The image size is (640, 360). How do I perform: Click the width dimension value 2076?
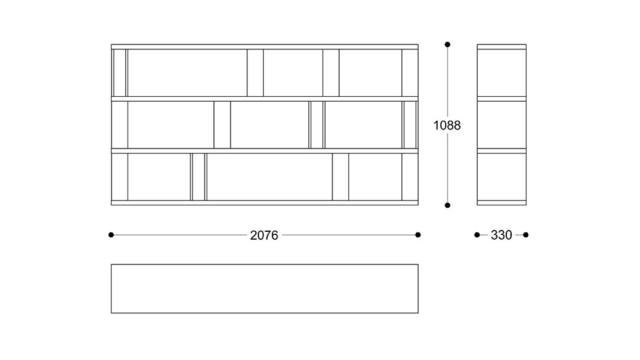point(264,235)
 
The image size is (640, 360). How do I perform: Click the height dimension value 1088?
point(447,125)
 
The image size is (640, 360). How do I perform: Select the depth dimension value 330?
point(501,235)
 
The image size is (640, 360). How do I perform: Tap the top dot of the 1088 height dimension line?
point(448,44)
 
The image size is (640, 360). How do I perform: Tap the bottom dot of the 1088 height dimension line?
point(448,205)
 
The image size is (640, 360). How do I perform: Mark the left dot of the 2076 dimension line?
point(111,235)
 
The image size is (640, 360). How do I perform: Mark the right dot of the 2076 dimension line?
point(418,235)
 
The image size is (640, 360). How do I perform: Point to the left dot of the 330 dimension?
point(477,235)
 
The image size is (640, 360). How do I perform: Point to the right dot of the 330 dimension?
point(526,235)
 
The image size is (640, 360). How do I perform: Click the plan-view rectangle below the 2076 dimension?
point(265,288)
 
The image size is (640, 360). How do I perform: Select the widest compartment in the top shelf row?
point(187,73)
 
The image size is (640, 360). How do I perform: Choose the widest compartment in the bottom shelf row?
point(269,177)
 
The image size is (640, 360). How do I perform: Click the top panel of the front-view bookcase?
point(265,47)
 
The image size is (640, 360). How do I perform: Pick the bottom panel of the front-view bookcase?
point(265,203)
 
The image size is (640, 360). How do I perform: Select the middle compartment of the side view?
point(502,125)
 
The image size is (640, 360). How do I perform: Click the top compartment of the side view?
point(502,73)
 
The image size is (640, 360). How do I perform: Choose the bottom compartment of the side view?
point(502,177)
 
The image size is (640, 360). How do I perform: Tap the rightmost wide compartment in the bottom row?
point(375,177)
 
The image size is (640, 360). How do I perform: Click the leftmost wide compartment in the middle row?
point(171,125)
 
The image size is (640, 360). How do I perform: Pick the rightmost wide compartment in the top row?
point(370,73)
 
